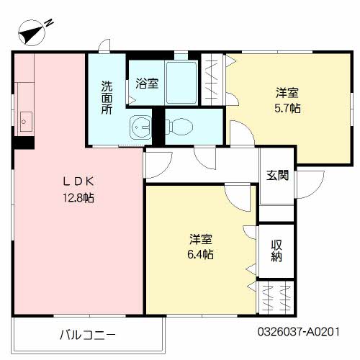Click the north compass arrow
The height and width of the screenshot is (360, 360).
(32, 32)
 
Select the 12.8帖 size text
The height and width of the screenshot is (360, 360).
(77, 197)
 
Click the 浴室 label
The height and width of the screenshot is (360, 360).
(147, 84)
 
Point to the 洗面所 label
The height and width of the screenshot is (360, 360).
(107, 96)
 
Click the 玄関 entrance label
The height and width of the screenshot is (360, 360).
(277, 175)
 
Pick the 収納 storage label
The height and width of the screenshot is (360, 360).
(277, 251)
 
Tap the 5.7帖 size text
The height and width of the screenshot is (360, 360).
(287, 109)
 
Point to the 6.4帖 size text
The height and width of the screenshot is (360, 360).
(201, 254)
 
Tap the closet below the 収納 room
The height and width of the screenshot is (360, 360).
(276, 295)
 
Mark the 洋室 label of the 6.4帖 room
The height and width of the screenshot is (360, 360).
(201, 239)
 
